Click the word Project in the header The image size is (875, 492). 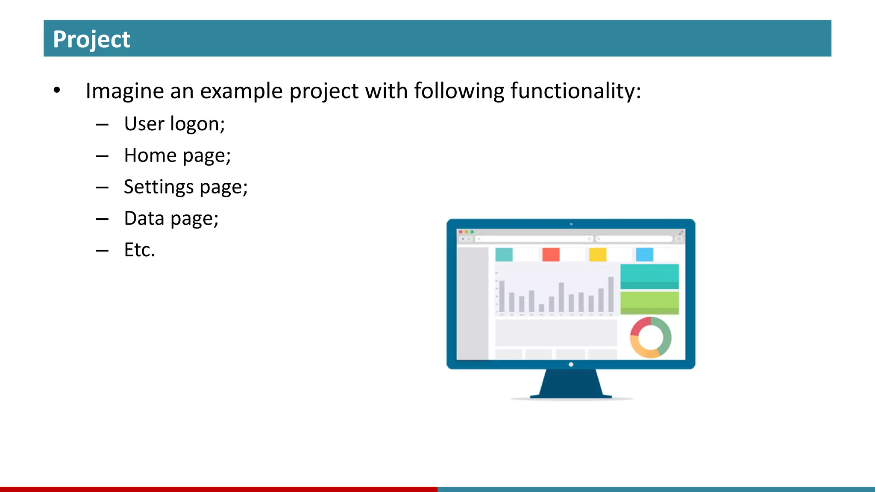[91, 39]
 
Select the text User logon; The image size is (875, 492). [174, 124]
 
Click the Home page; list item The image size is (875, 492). [177, 155]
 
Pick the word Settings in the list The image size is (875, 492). [159, 187]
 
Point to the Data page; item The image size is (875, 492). [171, 219]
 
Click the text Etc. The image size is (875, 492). [139, 250]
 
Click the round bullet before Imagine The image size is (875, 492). [57, 90]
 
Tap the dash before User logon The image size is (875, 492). [102, 125]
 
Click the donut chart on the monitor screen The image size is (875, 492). [651, 337]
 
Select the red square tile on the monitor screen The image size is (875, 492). [551, 255]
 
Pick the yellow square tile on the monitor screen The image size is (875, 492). [597, 255]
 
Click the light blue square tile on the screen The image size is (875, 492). [644, 255]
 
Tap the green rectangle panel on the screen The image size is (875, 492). [649, 303]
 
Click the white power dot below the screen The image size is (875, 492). [571, 364]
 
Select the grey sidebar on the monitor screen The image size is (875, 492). [473, 303]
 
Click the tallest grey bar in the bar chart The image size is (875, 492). [611, 294]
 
